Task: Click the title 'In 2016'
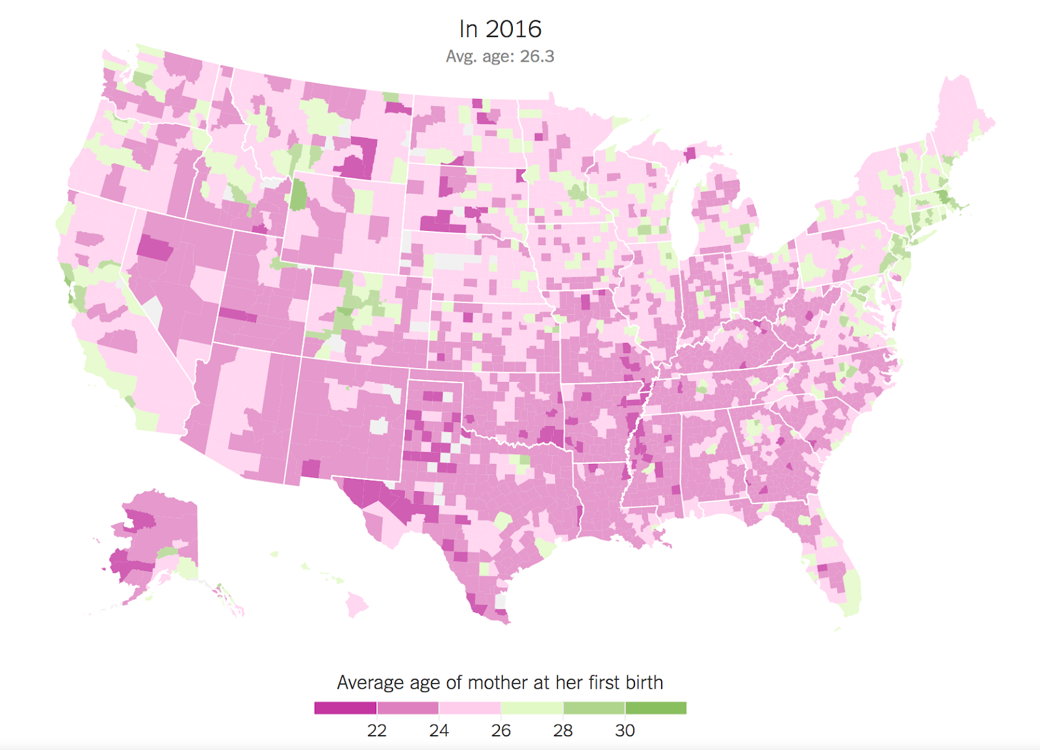[x=500, y=29]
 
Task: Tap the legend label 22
[x=376, y=730]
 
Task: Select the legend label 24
[x=439, y=730]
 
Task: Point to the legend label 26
[x=500, y=730]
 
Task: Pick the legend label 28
[x=563, y=730]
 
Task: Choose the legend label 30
[x=625, y=730]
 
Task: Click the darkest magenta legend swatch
[x=345, y=708]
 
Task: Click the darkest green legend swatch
[x=656, y=708]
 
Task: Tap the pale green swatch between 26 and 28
[x=532, y=708]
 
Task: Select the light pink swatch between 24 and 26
[x=469, y=708]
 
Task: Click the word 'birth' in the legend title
[x=643, y=682]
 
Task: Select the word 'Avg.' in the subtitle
[x=461, y=57]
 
